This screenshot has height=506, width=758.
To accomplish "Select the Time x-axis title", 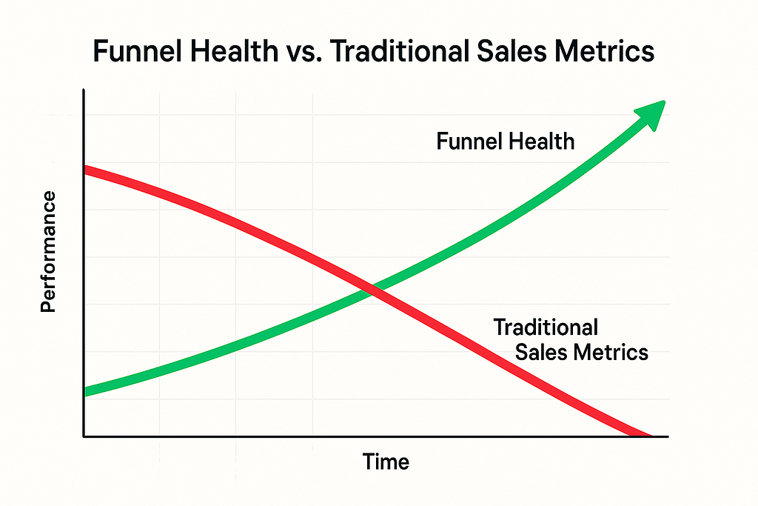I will click(x=386, y=462).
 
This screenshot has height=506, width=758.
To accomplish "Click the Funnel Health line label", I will click(x=505, y=141).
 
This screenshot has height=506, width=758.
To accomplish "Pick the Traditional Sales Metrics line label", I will click(x=570, y=339).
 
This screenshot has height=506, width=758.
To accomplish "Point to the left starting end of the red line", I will click(x=87, y=170).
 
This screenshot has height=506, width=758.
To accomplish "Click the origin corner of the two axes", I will click(x=84, y=436).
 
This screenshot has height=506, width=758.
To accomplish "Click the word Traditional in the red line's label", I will click(x=546, y=326).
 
